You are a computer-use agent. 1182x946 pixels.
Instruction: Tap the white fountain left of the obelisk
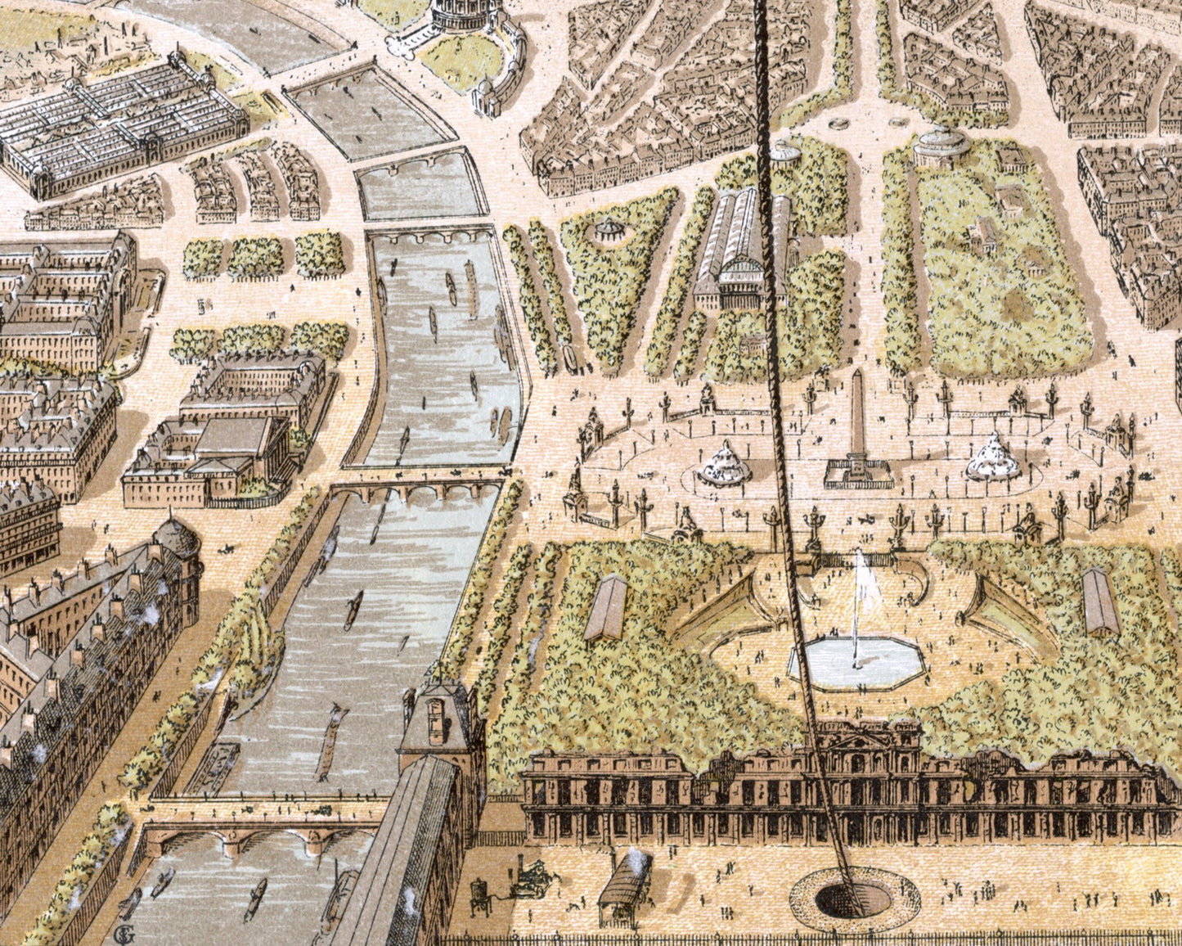pyautogui.click(x=724, y=465)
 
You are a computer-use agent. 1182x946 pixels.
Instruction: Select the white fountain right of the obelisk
pyautogui.click(x=993, y=459)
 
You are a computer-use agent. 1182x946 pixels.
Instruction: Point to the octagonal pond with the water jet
pyautogui.click(x=856, y=660)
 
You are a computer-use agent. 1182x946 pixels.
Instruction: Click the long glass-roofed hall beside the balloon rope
pyautogui.click(x=741, y=246)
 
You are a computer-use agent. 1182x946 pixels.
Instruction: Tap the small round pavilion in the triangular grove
pyautogui.click(x=608, y=230)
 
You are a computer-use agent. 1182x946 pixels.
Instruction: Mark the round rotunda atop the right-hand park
pyautogui.click(x=942, y=147)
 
